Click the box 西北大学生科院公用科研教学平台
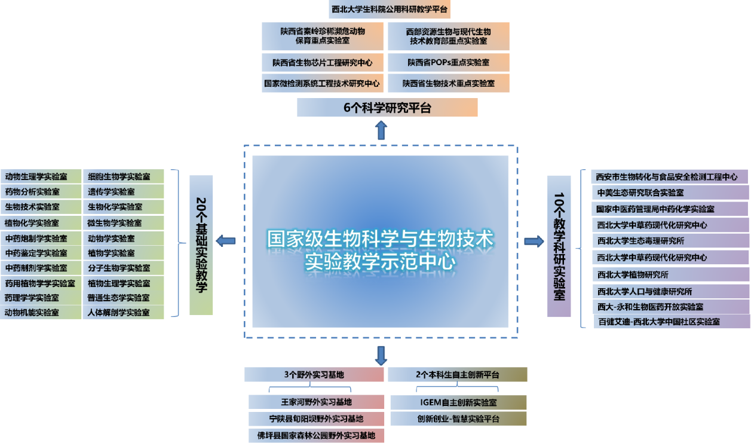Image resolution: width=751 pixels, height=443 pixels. coord(390,10)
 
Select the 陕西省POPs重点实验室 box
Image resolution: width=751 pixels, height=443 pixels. coord(448,62)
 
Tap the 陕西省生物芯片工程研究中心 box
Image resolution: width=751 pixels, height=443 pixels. coord(322,62)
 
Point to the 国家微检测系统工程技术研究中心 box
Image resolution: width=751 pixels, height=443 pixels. coord(322,83)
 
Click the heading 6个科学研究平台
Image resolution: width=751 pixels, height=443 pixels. coord(387,108)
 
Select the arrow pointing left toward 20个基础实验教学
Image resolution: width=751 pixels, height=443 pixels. coord(226,241)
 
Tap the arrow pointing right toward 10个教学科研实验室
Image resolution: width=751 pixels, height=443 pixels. coord(534,242)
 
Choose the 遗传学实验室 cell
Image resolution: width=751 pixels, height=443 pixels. coord(123,192)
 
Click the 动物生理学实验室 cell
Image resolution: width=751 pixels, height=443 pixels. coord(41,176)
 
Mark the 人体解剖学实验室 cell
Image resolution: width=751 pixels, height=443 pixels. coord(123,312)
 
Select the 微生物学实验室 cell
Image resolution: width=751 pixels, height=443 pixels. coord(123,223)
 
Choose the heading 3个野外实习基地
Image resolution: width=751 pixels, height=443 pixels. coord(314,375)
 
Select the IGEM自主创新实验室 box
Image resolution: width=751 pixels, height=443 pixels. coord(458,402)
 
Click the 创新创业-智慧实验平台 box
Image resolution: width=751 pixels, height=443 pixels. coord(458,418)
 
